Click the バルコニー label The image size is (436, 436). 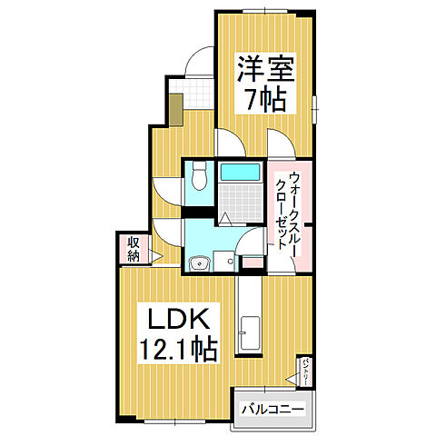point(273,410)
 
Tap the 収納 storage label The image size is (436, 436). point(133,248)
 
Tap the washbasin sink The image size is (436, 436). point(201,263)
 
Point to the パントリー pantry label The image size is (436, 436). point(307,370)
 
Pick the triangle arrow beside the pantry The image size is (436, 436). point(292,374)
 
